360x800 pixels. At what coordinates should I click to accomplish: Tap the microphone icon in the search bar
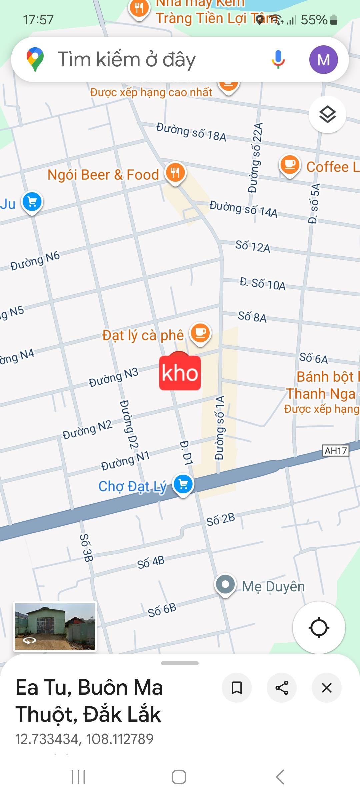click(x=278, y=59)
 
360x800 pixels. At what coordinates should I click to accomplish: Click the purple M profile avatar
click(x=323, y=60)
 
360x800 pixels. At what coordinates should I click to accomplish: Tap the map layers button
click(x=327, y=114)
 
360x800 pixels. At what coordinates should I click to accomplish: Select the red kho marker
click(x=180, y=372)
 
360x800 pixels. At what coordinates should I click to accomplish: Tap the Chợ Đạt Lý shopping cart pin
click(x=183, y=484)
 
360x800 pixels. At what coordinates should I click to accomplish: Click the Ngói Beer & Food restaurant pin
click(x=175, y=173)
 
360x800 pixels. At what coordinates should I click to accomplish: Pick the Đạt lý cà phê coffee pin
click(x=200, y=333)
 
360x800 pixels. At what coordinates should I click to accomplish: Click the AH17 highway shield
click(x=336, y=451)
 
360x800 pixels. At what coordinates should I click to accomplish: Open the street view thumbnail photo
click(x=55, y=626)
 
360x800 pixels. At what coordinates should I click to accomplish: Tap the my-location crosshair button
click(x=319, y=628)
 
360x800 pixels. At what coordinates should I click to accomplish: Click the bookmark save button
click(x=237, y=688)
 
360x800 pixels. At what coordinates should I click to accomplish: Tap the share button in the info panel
click(x=282, y=688)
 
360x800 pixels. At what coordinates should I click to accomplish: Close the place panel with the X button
click(x=326, y=688)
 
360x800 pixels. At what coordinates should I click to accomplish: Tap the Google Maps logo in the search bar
click(x=35, y=59)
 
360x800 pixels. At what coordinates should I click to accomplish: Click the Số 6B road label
click(x=162, y=610)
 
